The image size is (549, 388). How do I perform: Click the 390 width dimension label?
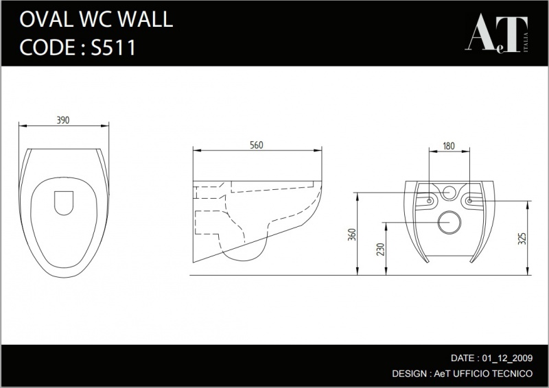pyautogui.click(x=63, y=120)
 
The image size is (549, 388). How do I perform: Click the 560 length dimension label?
pyautogui.click(x=256, y=145)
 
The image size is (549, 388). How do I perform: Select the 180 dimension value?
pyautogui.click(x=449, y=146)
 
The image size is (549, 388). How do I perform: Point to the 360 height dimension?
pyautogui.click(x=352, y=234)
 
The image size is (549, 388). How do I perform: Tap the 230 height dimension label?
pyautogui.click(x=381, y=250)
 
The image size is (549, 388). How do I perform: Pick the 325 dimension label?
pyautogui.click(x=522, y=239)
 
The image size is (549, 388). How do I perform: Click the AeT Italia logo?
pyautogui.click(x=496, y=33)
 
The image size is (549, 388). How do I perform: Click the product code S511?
pyautogui.click(x=113, y=47)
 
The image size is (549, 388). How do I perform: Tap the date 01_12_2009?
pyautogui.click(x=507, y=358)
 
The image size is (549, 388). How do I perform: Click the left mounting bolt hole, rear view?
pyautogui.click(x=430, y=201)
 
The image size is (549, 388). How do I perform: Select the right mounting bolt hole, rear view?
pyautogui.click(x=470, y=201)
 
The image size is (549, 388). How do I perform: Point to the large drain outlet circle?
pyautogui.click(x=449, y=223)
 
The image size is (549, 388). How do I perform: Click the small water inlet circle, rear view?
pyautogui.click(x=449, y=193)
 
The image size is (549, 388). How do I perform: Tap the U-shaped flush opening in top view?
pyautogui.click(x=64, y=203)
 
